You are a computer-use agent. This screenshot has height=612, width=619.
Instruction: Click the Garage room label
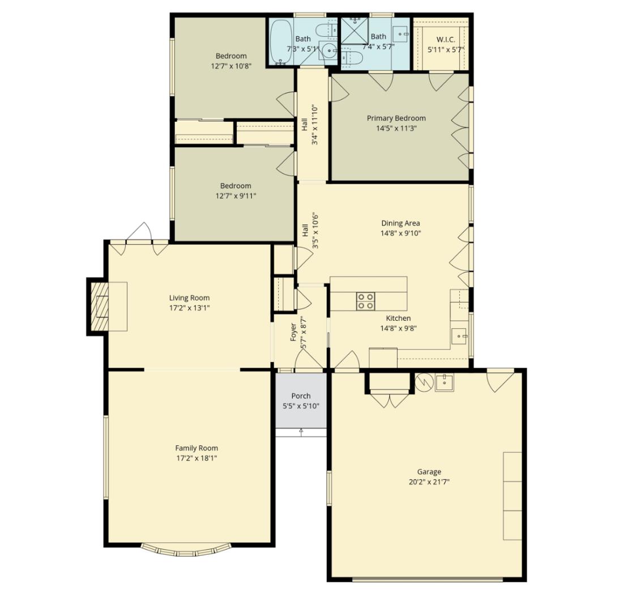tap(429, 471)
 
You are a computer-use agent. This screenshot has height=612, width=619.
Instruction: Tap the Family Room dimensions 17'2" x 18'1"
tap(196, 458)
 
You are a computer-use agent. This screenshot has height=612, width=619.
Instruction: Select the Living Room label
tap(189, 297)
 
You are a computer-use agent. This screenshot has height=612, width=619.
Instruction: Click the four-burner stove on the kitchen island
tap(365, 301)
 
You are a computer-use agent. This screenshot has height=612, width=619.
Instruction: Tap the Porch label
tap(301, 396)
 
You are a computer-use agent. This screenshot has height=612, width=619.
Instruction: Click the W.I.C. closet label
tap(445, 40)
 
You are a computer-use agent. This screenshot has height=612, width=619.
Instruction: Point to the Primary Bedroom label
tap(396, 118)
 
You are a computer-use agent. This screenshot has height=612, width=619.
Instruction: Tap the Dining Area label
tap(400, 223)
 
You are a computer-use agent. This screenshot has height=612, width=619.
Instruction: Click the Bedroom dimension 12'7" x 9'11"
tap(236, 196)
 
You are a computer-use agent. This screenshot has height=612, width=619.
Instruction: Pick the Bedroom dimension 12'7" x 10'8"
tap(231, 66)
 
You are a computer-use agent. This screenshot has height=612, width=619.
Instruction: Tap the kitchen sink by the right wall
tap(459, 335)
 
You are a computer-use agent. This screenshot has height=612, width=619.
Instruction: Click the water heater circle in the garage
tap(423, 382)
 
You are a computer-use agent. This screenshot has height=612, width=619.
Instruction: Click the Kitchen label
tap(398, 318)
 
